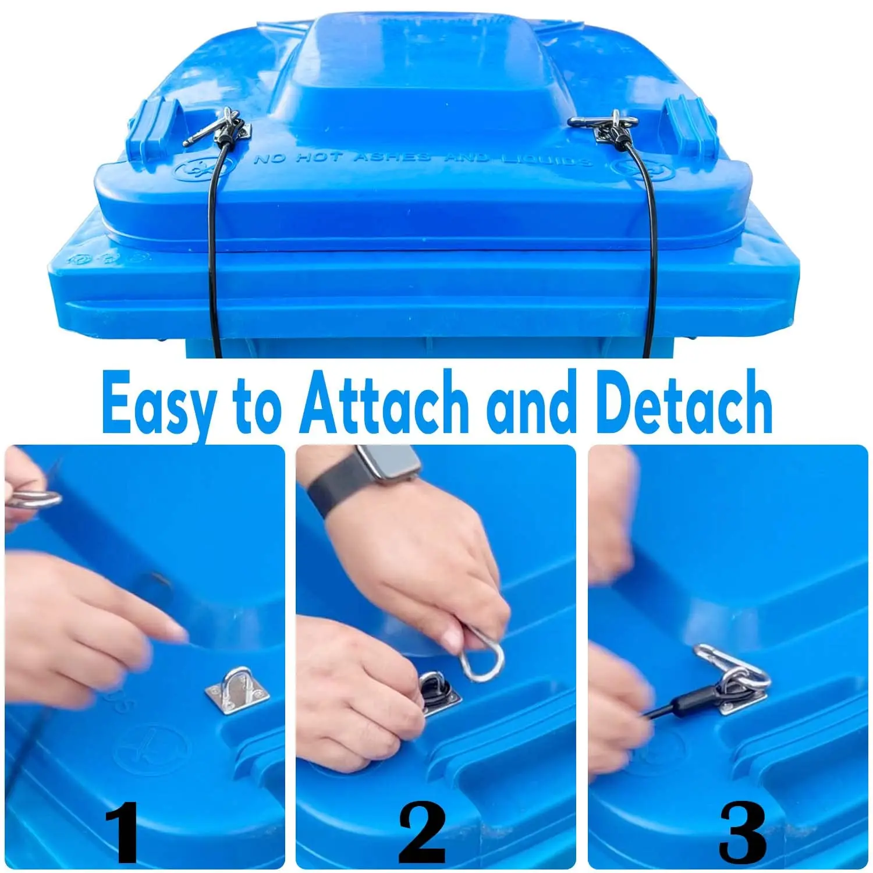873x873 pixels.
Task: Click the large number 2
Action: click(422, 832)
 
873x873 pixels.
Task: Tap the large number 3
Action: click(742, 832)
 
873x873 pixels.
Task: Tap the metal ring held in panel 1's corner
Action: click(35, 498)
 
